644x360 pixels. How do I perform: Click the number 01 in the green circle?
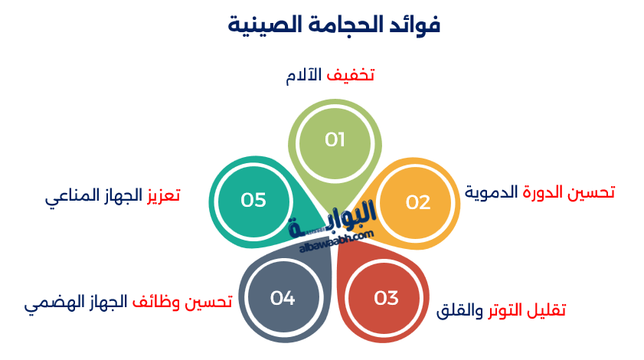335,139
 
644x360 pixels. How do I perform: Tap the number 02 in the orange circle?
418,202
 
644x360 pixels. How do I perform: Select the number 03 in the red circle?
386,298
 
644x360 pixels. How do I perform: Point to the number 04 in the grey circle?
283,298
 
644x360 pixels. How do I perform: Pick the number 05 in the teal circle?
253,200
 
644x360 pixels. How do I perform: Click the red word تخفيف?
351,75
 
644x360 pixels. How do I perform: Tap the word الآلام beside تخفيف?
304,75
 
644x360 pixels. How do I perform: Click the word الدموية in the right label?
491,192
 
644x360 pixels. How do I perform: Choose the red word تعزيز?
163,195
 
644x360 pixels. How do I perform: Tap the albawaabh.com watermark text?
336,242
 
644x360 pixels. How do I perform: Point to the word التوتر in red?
505,310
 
